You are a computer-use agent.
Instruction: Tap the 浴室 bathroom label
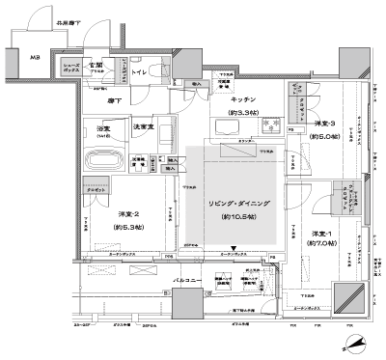pyautogui.click(x=102, y=127)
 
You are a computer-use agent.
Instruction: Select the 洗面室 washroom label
pyautogui.click(x=145, y=127)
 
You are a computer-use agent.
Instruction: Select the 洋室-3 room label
pyautogui.click(x=324, y=125)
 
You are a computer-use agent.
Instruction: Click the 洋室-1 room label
pyautogui.click(x=320, y=235)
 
